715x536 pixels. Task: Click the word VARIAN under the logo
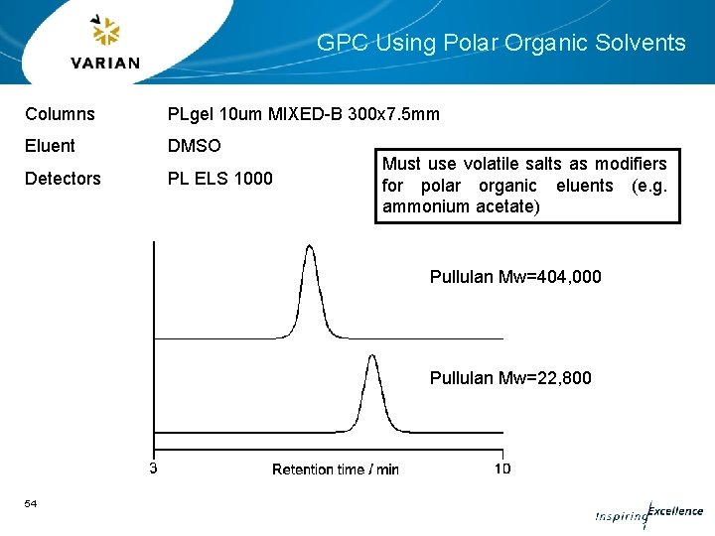pos(105,63)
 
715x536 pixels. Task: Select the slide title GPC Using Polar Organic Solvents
pos(500,43)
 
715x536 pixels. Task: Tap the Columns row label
pos(60,114)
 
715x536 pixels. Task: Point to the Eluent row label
pos(50,146)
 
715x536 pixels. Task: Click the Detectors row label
pos(63,179)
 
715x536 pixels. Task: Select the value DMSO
pos(194,146)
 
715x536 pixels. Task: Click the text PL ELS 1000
pos(220,179)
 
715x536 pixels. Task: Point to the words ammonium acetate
pos(459,206)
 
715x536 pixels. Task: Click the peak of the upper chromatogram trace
pos(310,246)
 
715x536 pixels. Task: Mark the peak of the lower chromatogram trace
pos(371,355)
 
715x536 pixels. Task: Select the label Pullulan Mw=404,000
pos(514,277)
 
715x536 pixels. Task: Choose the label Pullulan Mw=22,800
pos(509,378)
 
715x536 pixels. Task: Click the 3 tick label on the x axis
pos(153,469)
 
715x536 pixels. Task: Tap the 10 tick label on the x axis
pos(501,469)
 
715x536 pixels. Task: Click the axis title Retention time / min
pos(335,469)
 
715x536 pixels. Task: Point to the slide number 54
pos(31,504)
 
